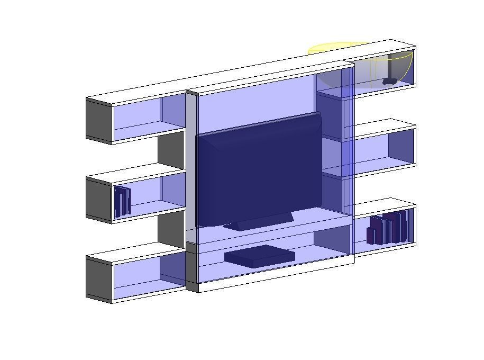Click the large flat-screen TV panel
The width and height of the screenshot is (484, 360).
pos(259,169)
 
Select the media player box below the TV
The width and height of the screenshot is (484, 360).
pos(259,256)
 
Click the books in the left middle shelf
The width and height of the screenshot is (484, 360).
pos(123,202)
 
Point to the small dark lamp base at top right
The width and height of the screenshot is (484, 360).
pos(390,81)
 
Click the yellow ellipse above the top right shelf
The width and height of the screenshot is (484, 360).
pos(339,48)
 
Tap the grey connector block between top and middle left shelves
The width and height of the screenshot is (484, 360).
pos(171,150)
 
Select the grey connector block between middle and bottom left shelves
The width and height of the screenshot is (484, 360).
pos(171,229)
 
